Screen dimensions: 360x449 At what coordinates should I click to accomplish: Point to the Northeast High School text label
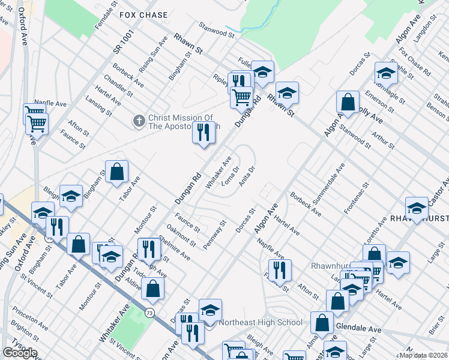pos(261,322)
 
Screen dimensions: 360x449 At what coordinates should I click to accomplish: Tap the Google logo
pos(19,353)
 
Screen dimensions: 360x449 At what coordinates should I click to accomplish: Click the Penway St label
pos(214,235)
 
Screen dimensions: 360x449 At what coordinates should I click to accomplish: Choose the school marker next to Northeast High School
pos(210,310)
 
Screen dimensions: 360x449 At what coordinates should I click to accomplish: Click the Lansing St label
pos(98,106)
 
